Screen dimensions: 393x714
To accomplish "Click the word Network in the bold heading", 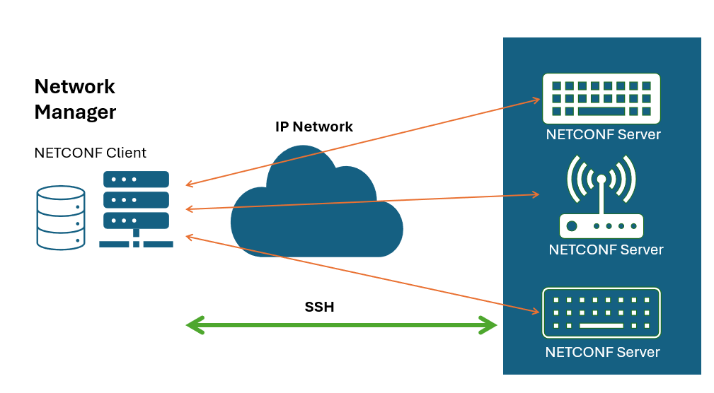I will [74, 87].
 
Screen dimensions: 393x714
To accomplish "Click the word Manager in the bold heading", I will [75, 112].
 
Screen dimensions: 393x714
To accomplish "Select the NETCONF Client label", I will [90, 153].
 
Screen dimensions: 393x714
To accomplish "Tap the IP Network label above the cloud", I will [313, 127].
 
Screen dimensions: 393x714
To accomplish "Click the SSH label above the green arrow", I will [318, 307].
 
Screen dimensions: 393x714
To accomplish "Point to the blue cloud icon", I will [316, 205].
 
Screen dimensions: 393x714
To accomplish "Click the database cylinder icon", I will [61, 217].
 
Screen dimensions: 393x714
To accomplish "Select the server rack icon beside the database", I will [136, 209].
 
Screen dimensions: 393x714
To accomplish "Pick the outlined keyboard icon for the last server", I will [601, 312].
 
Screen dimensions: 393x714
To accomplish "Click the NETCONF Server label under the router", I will [606, 250].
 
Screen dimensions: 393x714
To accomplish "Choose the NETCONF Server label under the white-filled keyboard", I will [603, 134].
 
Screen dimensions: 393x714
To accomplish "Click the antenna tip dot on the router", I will [601, 177].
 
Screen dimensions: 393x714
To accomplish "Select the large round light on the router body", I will [572, 226].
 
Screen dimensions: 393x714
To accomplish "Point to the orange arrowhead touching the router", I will [536, 193].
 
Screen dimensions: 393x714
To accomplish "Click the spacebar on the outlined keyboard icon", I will [601, 325].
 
